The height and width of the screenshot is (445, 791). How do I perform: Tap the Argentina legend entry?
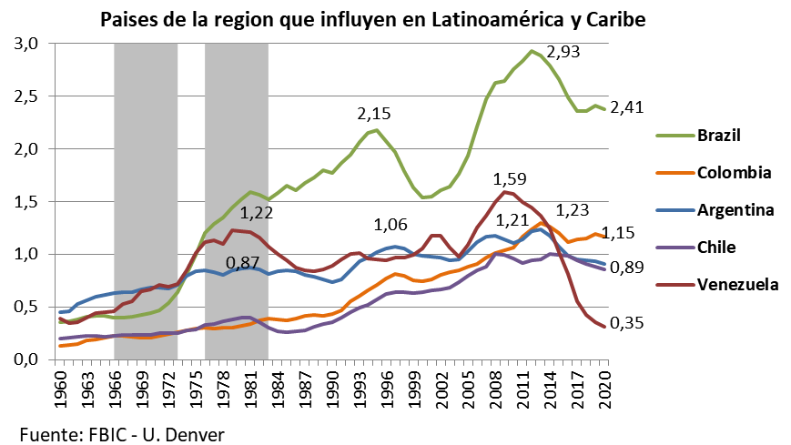[735, 210]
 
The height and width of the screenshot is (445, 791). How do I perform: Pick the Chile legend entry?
[717, 247]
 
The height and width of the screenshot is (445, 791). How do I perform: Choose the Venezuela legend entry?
[737, 284]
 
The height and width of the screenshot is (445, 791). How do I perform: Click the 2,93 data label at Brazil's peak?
[563, 52]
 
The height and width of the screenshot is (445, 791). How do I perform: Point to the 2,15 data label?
[374, 114]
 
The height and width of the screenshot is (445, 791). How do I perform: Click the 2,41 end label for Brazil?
[627, 107]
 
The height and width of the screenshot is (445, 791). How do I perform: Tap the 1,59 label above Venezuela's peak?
[509, 178]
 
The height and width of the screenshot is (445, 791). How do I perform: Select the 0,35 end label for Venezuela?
[627, 323]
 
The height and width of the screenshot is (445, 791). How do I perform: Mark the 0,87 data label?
[242, 263]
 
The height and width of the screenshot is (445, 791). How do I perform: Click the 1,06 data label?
[391, 225]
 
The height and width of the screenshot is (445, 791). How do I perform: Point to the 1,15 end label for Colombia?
[627, 233]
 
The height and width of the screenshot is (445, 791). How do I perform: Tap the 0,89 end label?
[627, 268]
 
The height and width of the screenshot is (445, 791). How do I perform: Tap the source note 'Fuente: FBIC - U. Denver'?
[121, 433]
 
